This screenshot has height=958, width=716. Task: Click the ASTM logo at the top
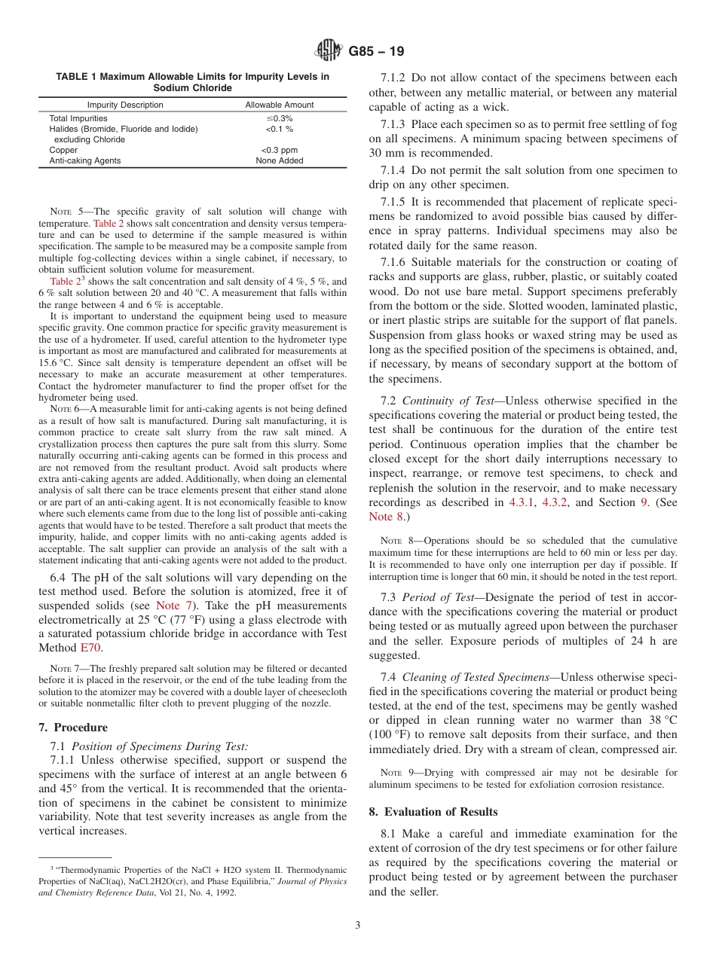pos(328,51)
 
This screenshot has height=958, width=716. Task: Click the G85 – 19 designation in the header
pos(376,51)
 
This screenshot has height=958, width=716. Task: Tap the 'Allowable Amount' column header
pos(279,105)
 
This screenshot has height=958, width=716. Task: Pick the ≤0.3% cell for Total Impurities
pos(279,118)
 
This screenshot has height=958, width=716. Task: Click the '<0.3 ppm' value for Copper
pos(279,150)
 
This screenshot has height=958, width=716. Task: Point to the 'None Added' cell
pos(279,160)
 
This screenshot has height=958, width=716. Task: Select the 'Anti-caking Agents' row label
pos(84,160)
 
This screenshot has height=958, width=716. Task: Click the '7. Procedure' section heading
pos(73,728)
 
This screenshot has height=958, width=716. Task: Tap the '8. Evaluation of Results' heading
pos(433,811)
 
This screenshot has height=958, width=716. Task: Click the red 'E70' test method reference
pos(90,647)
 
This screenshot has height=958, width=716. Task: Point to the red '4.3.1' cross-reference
pos(521,502)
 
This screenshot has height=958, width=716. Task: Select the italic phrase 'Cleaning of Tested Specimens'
pos(476,677)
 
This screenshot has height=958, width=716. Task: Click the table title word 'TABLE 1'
pos(77,77)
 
